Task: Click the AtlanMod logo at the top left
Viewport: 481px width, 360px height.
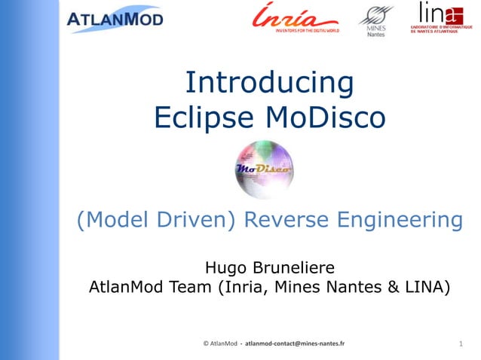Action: (115, 19)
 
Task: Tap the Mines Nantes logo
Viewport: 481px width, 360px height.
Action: (375, 20)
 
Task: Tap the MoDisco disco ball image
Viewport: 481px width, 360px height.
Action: (263, 169)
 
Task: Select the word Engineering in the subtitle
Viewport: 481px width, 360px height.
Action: (402, 221)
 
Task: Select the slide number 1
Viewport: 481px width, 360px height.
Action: (460, 344)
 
